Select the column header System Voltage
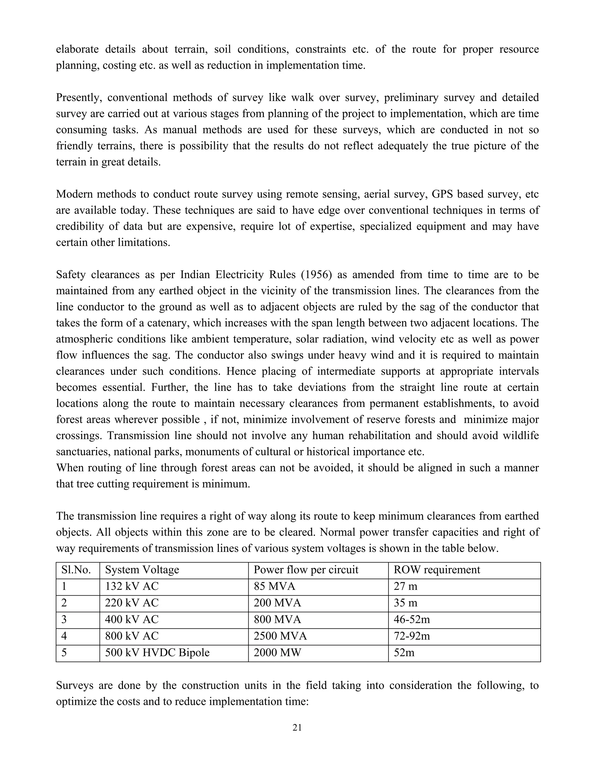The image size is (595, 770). click(142, 570)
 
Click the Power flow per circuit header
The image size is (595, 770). click(306, 570)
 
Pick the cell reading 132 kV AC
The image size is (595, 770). click(132, 586)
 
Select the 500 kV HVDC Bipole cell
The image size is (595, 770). click(157, 653)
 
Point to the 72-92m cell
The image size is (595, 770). click(411, 636)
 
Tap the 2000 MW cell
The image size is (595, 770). click(277, 653)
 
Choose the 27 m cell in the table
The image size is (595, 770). click(405, 586)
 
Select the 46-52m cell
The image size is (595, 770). click(411, 619)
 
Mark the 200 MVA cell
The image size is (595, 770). click(277, 603)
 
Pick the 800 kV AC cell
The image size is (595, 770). click(132, 636)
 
